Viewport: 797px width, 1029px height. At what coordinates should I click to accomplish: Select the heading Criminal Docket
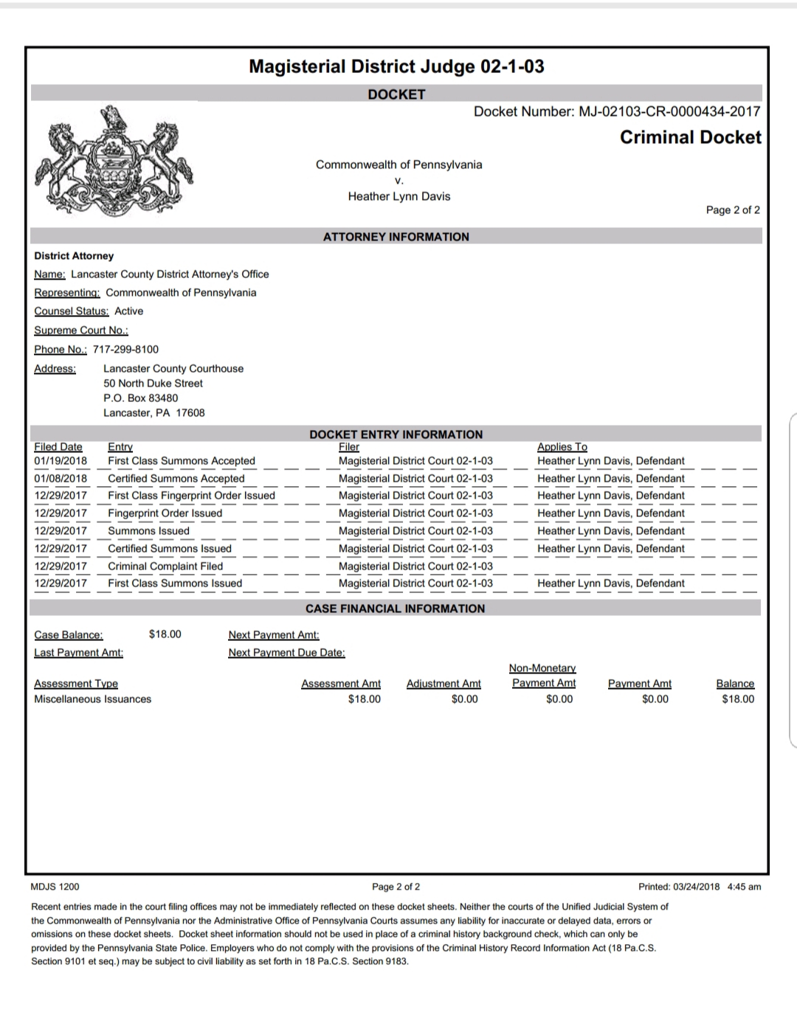(690, 137)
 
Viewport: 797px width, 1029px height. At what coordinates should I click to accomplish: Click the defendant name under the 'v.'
(398, 196)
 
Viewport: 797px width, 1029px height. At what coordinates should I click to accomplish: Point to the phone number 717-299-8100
(125, 349)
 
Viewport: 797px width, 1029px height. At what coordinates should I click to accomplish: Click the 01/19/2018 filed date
(61, 461)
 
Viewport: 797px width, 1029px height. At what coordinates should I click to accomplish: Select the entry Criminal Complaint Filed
(165, 567)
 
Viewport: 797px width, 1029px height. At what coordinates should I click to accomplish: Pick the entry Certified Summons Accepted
(176, 479)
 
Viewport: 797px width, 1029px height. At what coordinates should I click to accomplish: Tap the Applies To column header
(562, 447)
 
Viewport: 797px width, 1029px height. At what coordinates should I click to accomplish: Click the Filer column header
(348, 447)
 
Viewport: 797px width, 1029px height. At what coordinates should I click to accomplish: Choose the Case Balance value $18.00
(165, 634)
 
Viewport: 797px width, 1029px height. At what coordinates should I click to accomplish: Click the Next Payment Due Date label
(286, 653)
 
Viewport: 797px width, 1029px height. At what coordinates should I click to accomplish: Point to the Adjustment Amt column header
(443, 684)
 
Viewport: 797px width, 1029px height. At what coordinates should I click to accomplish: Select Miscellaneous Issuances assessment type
(92, 699)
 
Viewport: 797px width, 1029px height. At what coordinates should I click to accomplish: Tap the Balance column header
(735, 684)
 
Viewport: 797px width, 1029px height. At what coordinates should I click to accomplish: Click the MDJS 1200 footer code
(55, 887)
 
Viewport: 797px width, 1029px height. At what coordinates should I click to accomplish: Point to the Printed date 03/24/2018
(696, 887)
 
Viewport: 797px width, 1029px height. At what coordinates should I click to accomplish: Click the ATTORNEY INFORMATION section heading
(396, 237)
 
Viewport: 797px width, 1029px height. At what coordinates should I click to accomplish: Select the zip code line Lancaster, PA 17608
(153, 413)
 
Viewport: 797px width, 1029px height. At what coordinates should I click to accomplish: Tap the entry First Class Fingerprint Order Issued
(191, 496)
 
